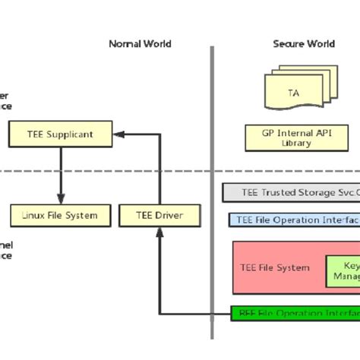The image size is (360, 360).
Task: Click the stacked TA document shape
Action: tap(292, 90)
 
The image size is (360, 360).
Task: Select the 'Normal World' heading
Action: tap(140, 44)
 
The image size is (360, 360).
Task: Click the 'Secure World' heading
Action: tap(304, 44)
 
